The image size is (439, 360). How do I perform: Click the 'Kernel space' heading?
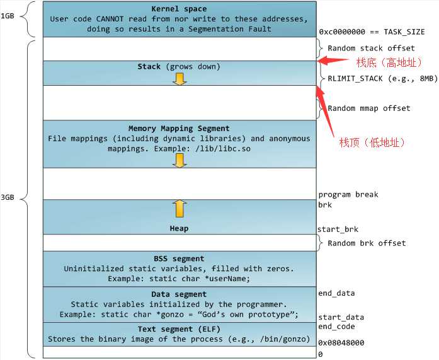[x=179, y=9]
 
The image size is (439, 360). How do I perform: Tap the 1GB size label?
[x=8, y=16]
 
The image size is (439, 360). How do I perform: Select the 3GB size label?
[x=8, y=197]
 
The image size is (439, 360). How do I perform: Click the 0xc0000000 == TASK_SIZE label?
[x=372, y=32]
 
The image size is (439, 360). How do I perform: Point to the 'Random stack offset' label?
[x=371, y=48]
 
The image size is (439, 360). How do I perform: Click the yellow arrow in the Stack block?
[x=180, y=79]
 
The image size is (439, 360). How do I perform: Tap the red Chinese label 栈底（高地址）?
[x=389, y=62]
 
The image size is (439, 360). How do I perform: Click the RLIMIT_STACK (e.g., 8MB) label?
[x=382, y=78]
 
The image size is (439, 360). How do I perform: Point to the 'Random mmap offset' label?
[x=369, y=108]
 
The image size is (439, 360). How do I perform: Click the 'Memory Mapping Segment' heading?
[x=179, y=129]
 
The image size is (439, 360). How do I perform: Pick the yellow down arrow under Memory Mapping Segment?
[x=180, y=161]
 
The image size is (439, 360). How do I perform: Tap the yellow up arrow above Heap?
[x=180, y=209]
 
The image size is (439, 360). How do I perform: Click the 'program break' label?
[x=348, y=194]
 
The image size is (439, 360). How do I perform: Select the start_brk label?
[x=338, y=229]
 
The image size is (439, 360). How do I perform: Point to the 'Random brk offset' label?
[x=367, y=243]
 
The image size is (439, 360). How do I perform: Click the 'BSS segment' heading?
[x=179, y=258]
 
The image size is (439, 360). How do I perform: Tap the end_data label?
[x=336, y=293]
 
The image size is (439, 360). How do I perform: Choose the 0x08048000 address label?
[x=341, y=342]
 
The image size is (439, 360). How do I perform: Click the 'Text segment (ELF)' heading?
[x=179, y=329]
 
